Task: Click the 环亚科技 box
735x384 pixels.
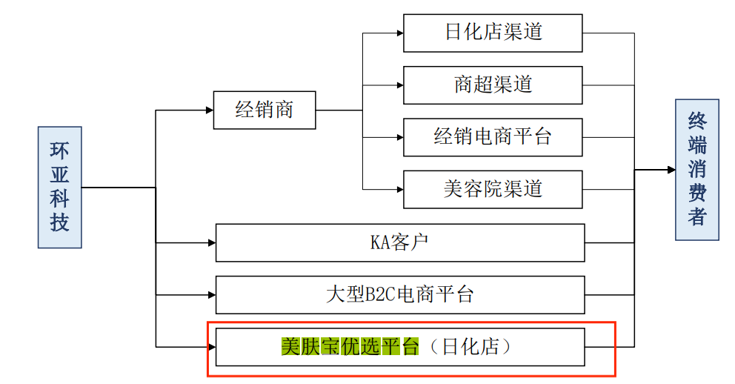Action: point(59,187)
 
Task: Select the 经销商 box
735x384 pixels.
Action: point(265,110)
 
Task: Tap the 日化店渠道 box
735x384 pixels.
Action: point(493,33)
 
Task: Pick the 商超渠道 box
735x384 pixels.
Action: point(493,85)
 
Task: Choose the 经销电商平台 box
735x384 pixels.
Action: point(493,136)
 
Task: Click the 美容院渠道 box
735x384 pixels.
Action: point(493,189)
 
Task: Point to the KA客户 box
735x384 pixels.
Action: point(399,242)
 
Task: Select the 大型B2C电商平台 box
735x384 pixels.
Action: point(399,294)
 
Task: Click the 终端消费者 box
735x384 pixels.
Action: point(696,170)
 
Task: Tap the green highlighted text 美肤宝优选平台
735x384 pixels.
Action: point(350,346)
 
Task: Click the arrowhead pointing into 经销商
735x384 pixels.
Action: point(209,110)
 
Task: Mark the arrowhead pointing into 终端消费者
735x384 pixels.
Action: point(671,170)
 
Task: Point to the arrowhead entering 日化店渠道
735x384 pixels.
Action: point(399,33)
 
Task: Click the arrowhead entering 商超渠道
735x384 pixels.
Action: point(399,85)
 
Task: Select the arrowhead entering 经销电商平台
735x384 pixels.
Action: point(399,137)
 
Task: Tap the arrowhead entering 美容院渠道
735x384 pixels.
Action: point(399,189)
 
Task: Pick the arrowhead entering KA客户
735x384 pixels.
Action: point(211,242)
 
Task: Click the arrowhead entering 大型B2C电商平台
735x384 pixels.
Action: point(211,294)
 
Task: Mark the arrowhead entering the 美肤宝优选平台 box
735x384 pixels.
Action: point(211,346)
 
